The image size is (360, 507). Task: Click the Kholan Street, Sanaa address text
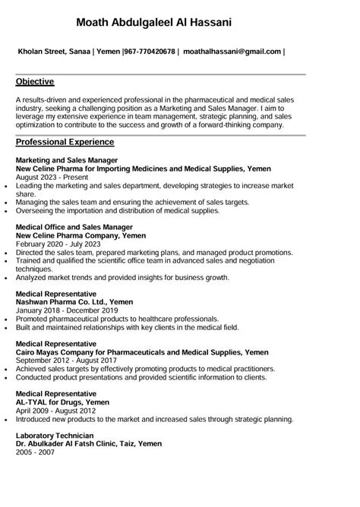coord(55,52)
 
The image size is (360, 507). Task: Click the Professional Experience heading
coord(65,142)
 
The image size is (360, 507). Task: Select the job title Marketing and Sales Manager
coord(67,161)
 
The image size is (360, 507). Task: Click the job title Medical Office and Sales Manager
coord(74,227)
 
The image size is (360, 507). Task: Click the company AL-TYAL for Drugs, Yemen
coord(63,402)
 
